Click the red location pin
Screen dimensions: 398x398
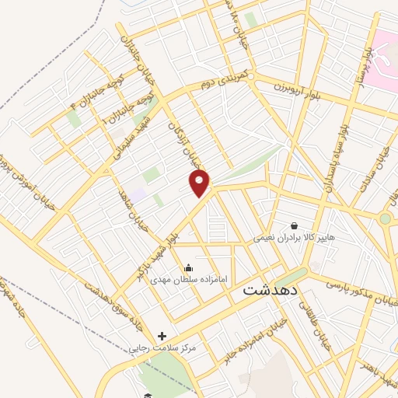pyautogui.click(x=200, y=183)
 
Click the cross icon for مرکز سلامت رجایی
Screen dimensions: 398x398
pyautogui.click(x=162, y=336)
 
